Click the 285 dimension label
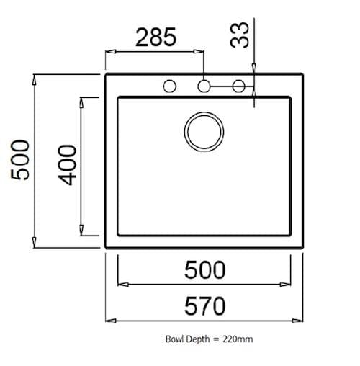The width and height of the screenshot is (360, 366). [155, 37]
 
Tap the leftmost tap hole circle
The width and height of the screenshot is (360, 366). [170, 86]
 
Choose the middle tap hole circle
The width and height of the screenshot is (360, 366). [204, 86]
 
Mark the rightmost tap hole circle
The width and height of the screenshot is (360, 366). [239, 86]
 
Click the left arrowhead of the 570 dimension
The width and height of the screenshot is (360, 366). [109, 319]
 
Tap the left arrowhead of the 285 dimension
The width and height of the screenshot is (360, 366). [109, 51]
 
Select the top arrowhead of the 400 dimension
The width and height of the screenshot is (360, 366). [83, 101]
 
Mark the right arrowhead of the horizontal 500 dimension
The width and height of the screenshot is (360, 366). [287, 283]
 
